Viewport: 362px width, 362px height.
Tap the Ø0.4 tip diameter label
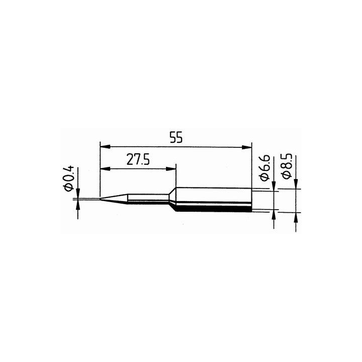pos(69,177)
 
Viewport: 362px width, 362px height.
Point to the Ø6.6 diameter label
pos(266,169)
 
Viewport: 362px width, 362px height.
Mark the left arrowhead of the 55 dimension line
pos(104,147)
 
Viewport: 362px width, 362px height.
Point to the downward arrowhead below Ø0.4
pos(78,194)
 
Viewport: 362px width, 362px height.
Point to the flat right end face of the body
pos(251,199)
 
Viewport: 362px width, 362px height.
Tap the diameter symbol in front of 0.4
pos(69,187)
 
